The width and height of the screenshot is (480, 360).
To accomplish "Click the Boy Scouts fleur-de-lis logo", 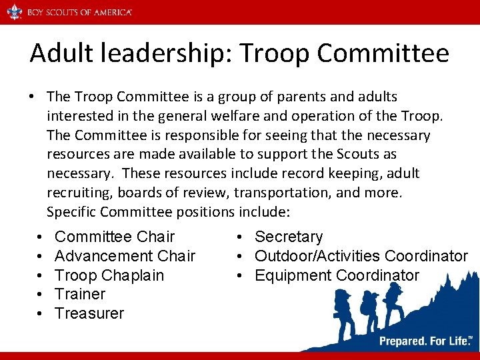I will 14,12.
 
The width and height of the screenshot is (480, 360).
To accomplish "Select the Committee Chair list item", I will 114,237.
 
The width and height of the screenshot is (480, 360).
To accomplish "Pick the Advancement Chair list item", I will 125,256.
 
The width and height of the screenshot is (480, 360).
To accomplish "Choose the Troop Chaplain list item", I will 109,275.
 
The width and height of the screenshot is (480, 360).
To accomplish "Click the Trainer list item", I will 80,294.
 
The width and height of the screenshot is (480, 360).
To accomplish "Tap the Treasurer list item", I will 89,313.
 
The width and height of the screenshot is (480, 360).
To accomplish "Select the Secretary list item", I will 289,237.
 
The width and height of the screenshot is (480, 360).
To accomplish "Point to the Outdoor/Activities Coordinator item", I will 361,256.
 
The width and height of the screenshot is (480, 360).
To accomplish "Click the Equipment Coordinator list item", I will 337,275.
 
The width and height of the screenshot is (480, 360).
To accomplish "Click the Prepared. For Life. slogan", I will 424,341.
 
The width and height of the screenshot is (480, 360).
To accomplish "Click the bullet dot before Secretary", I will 238,237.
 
